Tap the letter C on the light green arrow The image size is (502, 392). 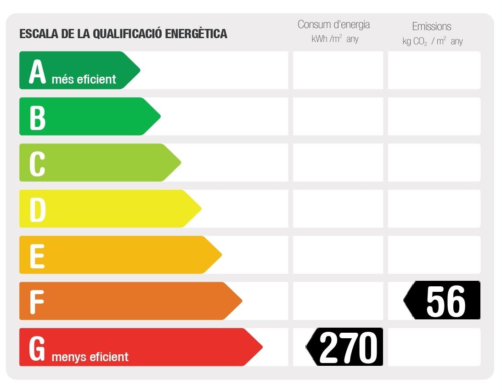click(x=37, y=164)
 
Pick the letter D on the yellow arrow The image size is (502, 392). click(x=38, y=210)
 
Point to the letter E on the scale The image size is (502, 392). click(x=37, y=256)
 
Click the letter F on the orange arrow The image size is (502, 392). click(x=37, y=302)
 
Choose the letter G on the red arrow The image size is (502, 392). click(x=37, y=349)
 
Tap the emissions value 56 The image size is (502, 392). click(x=446, y=301)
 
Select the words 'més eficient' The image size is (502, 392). click(x=84, y=80)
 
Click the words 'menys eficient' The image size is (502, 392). click(x=90, y=357)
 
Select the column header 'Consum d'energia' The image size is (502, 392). click(x=333, y=24)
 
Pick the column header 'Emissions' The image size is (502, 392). click(x=432, y=26)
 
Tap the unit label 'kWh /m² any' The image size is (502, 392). click(x=335, y=39)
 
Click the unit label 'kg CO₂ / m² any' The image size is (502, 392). click(x=433, y=41)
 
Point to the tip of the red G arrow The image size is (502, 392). click(x=261, y=347)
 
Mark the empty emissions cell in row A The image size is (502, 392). click(x=434, y=70)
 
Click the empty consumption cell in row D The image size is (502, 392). click(x=338, y=209)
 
